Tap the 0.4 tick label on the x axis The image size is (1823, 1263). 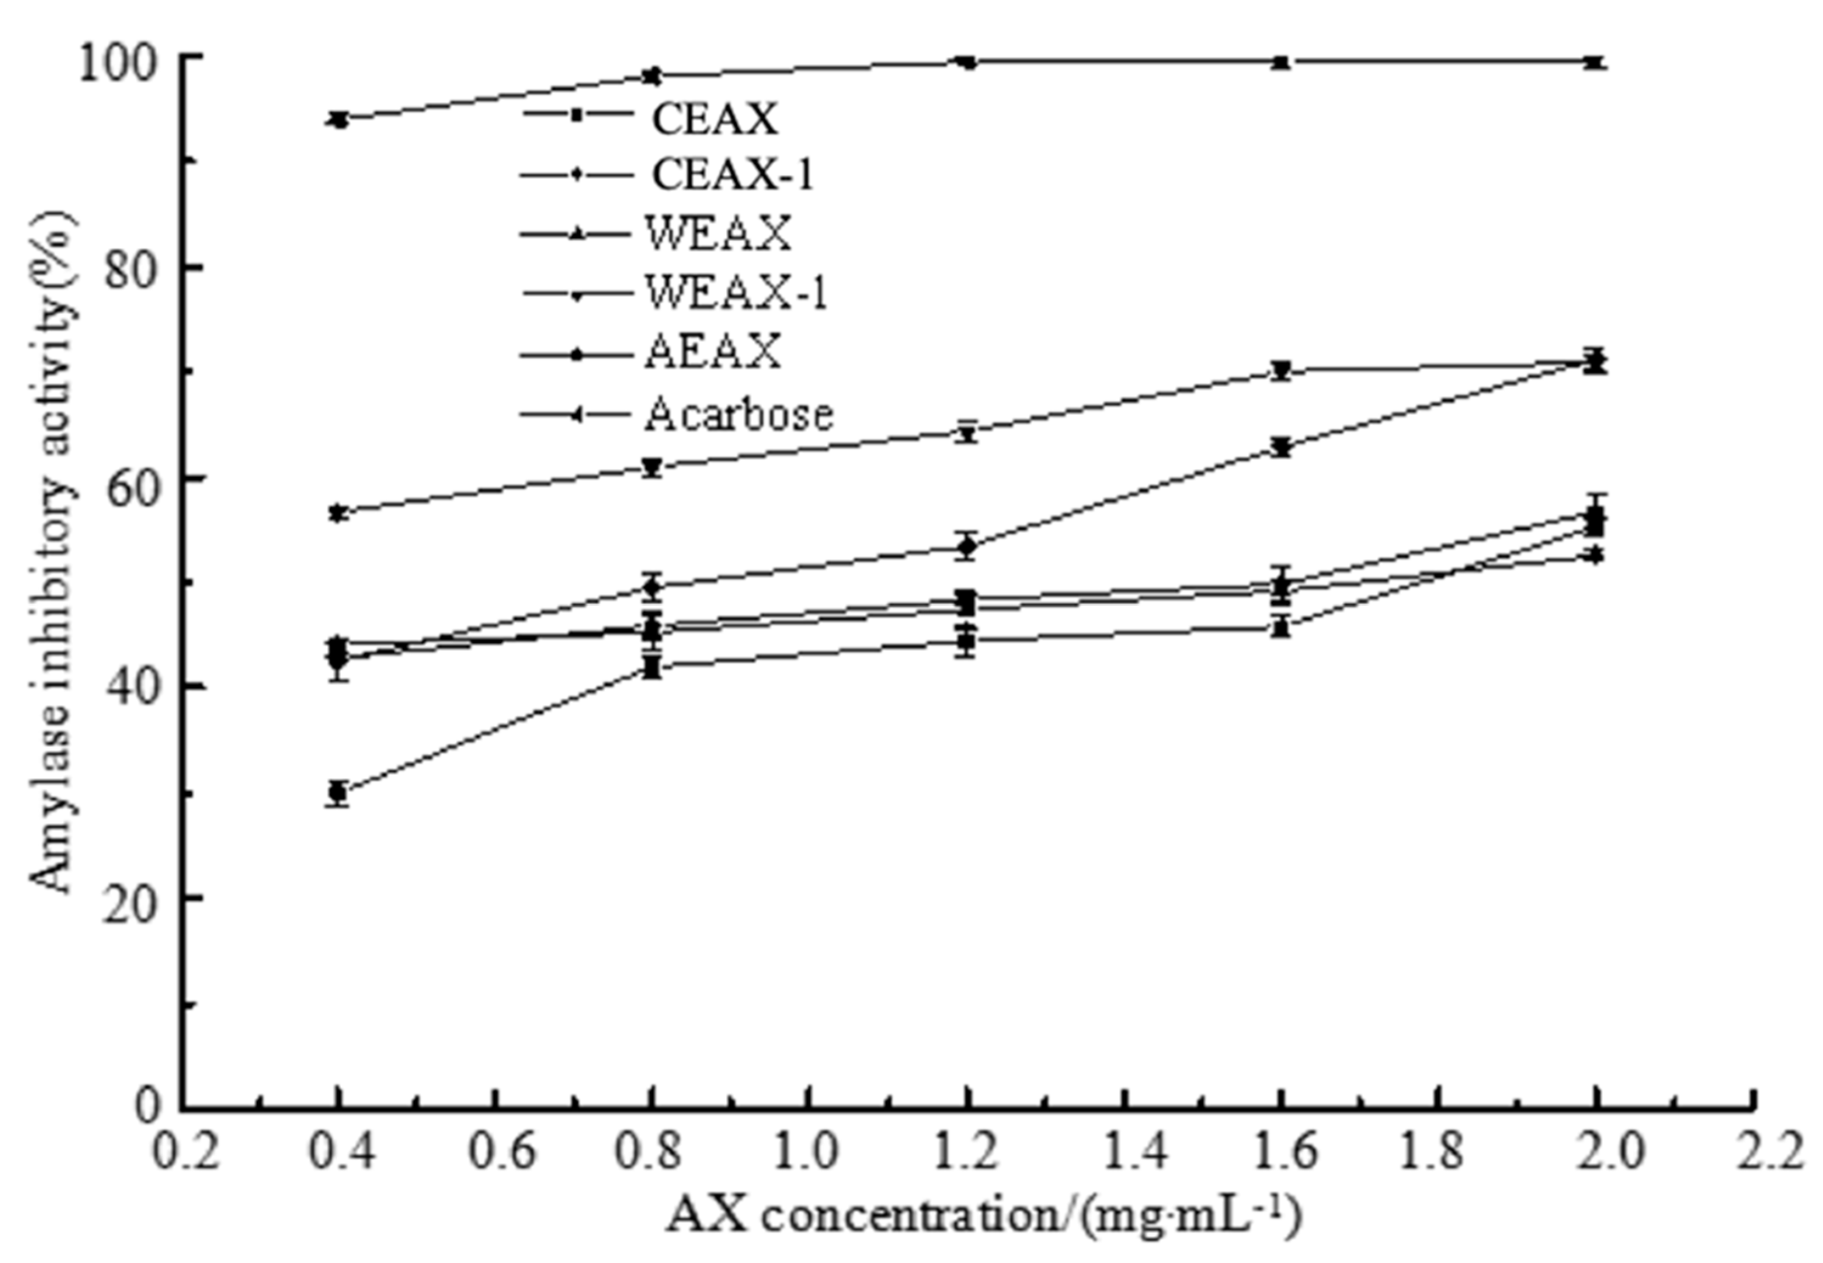tap(339, 1155)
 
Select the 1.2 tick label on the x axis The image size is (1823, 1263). tap(967, 1155)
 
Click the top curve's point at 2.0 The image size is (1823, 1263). tap(1596, 63)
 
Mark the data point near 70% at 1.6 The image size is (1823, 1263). tap(1282, 370)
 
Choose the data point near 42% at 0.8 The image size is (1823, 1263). tap(651, 668)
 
